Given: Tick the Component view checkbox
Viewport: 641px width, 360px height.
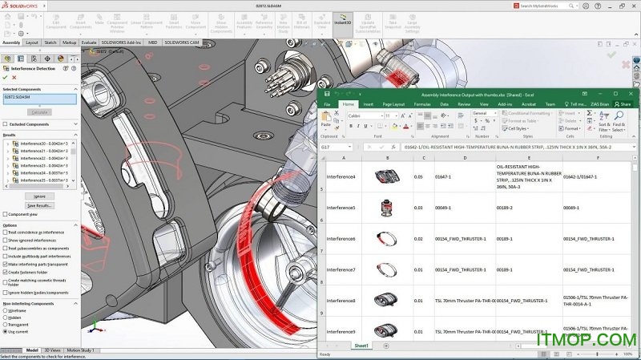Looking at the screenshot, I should (x=5, y=214).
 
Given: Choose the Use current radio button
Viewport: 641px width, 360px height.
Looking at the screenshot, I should (x=5, y=331).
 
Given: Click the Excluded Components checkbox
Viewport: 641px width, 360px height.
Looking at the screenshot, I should (x=5, y=124).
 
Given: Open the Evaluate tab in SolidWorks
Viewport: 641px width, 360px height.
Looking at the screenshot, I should (x=89, y=42).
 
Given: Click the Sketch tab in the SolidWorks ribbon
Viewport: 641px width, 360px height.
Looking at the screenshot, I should (x=50, y=42).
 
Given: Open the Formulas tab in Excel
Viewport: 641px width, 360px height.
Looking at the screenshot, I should (x=422, y=104).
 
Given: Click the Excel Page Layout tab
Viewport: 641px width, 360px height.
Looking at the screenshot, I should (x=393, y=104).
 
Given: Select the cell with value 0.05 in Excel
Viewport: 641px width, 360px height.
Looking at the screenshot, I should (x=417, y=176).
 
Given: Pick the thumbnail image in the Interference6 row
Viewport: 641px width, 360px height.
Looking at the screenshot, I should (x=387, y=238).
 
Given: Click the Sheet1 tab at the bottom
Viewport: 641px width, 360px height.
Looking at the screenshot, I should (x=361, y=346).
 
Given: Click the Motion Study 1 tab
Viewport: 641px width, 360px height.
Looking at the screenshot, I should (x=79, y=350).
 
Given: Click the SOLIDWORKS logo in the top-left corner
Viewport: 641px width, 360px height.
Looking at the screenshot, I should (x=20, y=5).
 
